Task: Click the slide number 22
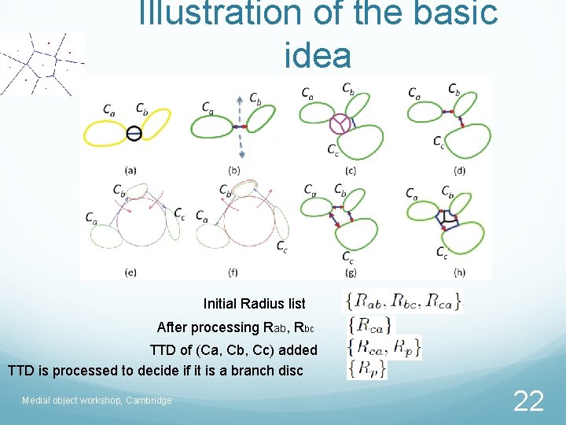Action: pyautogui.click(x=528, y=401)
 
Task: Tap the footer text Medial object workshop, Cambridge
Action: pyautogui.click(x=97, y=401)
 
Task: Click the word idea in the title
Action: pyautogui.click(x=318, y=56)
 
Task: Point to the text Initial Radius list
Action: pyautogui.click(x=254, y=304)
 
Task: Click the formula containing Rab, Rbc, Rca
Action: pyautogui.click(x=404, y=300)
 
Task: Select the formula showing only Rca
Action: pyautogui.click(x=369, y=323)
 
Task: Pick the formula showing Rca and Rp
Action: pyautogui.click(x=384, y=346)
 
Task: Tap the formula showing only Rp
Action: pyautogui.click(x=366, y=368)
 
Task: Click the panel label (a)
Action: pyautogui.click(x=131, y=170)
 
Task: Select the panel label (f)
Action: pyautogui.click(x=233, y=272)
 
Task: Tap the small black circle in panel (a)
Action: pyautogui.click(x=134, y=133)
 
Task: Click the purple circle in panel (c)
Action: pyautogui.click(x=340, y=124)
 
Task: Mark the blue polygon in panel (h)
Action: pyautogui.click(x=449, y=219)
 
